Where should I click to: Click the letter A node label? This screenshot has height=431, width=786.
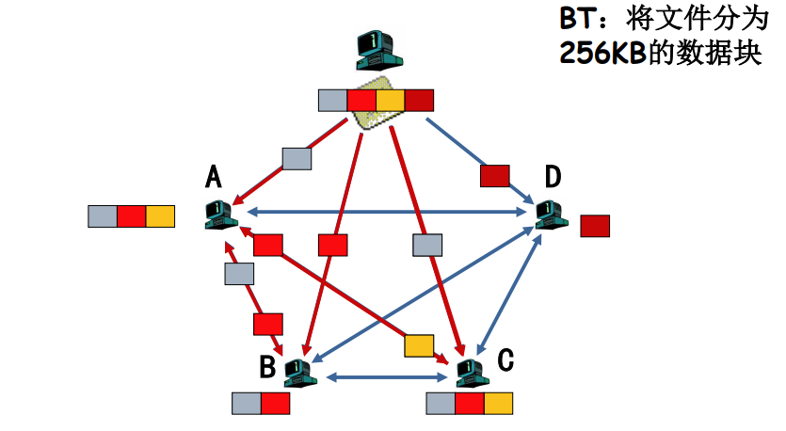(214, 177)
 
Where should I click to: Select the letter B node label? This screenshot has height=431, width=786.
(267, 366)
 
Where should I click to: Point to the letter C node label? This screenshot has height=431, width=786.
(505, 359)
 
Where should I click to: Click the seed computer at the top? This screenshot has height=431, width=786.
(379, 50)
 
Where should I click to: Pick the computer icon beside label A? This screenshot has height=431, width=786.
(221, 215)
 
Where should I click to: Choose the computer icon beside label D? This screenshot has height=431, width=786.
(552, 215)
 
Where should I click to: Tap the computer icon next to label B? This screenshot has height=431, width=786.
(300, 374)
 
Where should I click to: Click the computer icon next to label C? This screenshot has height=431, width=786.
(473, 374)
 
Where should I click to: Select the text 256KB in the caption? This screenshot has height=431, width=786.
(602, 52)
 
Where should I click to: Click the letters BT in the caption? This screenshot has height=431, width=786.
(579, 19)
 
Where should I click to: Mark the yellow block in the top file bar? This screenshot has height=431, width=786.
(390, 101)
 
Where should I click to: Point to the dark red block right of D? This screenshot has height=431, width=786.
(595, 226)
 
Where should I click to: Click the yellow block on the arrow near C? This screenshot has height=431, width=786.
(419, 345)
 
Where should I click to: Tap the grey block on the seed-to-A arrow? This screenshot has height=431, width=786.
(297, 159)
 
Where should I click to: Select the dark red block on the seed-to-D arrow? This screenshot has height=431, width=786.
(495, 176)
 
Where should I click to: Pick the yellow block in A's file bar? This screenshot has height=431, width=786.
(160, 216)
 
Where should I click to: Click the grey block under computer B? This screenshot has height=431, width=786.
(246, 404)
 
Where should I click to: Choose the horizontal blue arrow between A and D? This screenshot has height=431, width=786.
(387, 212)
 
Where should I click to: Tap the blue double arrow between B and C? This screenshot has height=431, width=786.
(387, 376)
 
